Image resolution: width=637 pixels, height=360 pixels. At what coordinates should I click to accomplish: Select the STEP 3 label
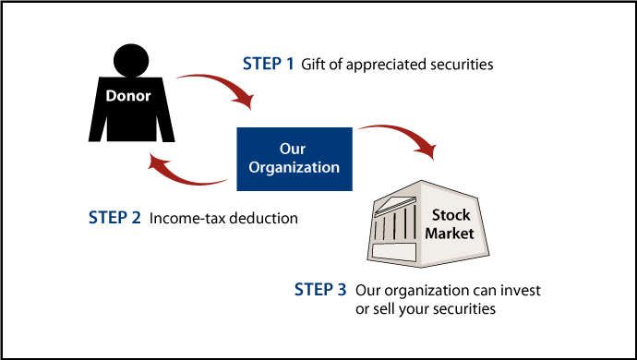pyautogui.click(x=319, y=291)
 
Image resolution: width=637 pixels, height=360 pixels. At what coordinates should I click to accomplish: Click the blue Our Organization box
pyautogui.click(x=294, y=158)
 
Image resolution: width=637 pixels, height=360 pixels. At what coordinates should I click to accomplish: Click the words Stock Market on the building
pyautogui.click(x=450, y=224)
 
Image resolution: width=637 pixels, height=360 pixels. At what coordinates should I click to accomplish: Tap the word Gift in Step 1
pyautogui.click(x=315, y=65)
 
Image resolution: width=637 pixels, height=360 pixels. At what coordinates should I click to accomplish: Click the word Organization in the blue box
pyautogui.click(x=294, y=167)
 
